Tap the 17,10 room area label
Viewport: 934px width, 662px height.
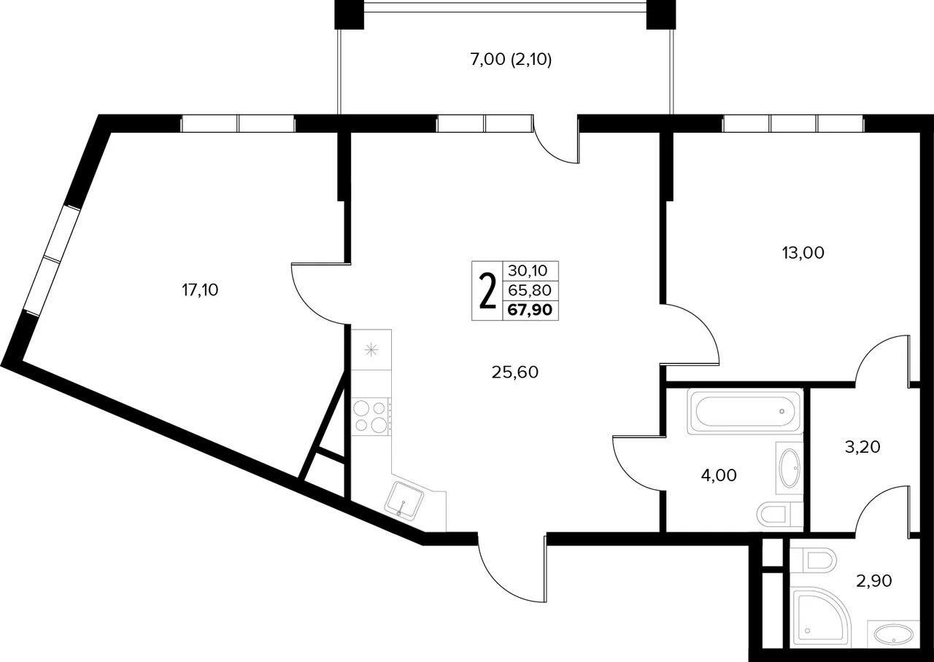coord(200,290)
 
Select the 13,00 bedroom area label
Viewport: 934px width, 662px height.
coord(803,253)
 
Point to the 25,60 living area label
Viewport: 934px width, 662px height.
coord(515,372)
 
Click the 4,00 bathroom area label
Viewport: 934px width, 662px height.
coord(719,475)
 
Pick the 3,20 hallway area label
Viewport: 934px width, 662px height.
coord(862,447)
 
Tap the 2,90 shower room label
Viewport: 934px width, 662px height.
coord(874,580)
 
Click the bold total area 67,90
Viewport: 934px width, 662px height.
coord(530,310)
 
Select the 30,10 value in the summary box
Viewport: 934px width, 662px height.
coord(528,270)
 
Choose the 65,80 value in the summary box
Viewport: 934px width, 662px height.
coord(530,290)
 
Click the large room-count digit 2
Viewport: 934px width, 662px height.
coord(487,291)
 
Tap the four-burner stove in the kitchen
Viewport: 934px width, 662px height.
coord(370,416)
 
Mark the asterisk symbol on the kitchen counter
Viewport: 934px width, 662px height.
coord(371,350)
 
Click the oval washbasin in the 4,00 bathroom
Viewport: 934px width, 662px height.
coord(790,468)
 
